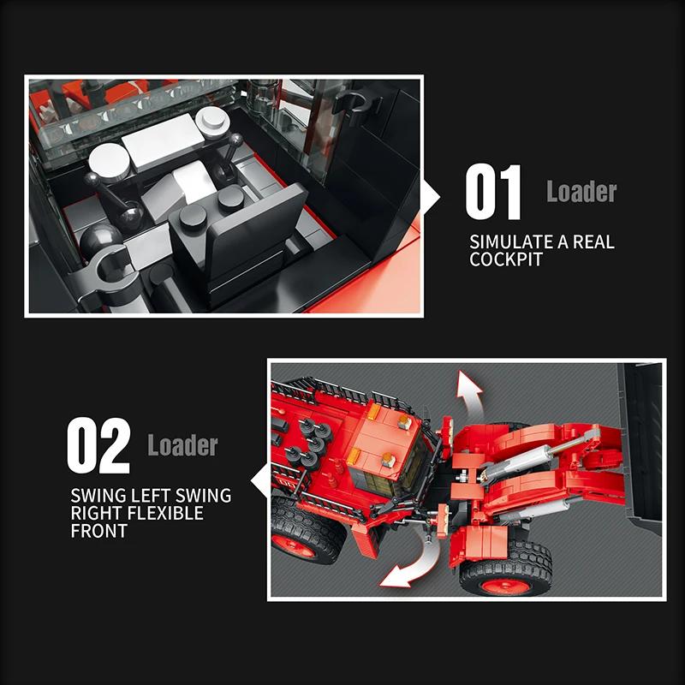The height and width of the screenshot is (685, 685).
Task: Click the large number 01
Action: point(493,192)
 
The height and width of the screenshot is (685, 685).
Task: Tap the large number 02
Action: point(98,445)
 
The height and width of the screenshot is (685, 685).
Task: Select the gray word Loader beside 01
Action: point(581,191)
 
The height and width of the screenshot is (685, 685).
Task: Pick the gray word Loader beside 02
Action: point(182,445)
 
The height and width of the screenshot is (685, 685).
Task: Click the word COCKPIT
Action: point(506,259)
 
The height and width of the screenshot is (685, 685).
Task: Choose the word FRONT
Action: point(99,531)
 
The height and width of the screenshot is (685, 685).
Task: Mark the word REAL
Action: point(593,241)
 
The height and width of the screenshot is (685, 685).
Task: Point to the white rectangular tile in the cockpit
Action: point(163,140)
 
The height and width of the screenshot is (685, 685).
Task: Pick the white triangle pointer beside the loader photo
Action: point(259,480)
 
